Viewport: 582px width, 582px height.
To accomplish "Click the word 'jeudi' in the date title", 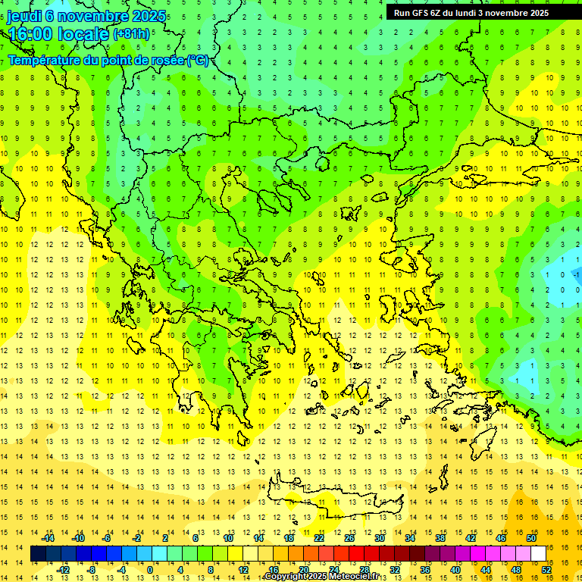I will pos(25,16).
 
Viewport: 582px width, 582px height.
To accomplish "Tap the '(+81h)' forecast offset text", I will pos(131,34).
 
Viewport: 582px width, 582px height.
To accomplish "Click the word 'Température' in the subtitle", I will pos(48,61).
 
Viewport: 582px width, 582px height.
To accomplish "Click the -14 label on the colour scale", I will pos(48,538).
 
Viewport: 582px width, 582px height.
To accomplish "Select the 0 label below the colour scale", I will pos(149,569).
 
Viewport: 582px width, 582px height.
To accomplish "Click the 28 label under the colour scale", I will pos(364,569).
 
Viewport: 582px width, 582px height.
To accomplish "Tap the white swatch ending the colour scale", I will pos(538,554).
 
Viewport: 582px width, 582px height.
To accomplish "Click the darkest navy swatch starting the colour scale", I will pos(38,554).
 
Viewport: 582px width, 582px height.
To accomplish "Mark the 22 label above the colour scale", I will pos(319,538).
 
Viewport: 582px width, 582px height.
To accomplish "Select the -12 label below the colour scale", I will pos(63,569).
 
